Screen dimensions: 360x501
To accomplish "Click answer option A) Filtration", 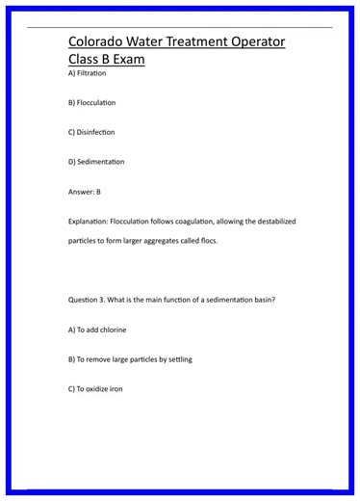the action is (88, 73).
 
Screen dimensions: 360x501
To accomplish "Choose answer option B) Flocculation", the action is (92, 102).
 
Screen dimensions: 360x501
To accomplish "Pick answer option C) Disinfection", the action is (91, 132).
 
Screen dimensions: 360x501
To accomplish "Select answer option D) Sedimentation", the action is (96, 162).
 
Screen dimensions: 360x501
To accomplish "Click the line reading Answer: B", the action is (85, 192).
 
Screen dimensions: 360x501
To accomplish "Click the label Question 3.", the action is (90, 300).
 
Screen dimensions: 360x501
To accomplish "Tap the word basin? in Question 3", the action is (261, 300).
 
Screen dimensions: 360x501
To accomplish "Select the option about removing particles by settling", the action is (130, 359).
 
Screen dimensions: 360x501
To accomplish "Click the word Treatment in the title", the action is (180, 42).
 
